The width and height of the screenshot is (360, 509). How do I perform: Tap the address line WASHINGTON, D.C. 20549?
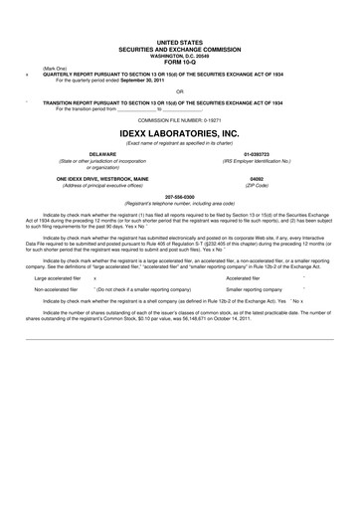(x=179, y=52)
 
